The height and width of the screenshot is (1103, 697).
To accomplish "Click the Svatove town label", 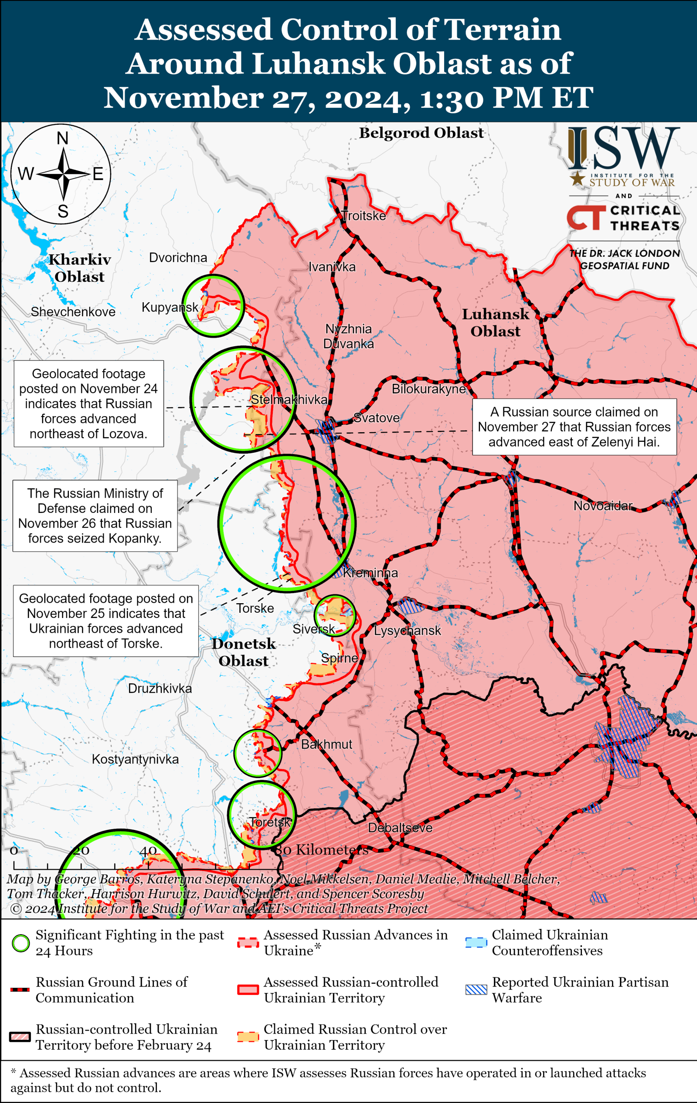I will click(377, 418).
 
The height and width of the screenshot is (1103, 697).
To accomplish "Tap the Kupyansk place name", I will click(170, 307).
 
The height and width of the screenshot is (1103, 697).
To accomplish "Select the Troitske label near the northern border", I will click(364, 216).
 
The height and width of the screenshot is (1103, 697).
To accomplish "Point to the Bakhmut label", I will click(326, 744).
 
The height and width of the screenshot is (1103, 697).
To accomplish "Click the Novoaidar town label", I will click(603, 505).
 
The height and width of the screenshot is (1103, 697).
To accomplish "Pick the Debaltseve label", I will click(400, 828).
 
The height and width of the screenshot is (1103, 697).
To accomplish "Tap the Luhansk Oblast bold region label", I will click(495, 322).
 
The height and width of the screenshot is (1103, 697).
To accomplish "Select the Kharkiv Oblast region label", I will click(80, 268).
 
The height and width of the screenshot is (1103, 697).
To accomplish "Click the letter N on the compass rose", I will click(63, 138).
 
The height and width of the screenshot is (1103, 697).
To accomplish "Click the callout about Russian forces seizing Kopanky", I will click(95, 516).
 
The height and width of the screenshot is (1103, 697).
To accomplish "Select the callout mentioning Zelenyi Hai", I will click(574, 427).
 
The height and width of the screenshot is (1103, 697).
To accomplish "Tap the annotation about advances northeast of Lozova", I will click(88, 403).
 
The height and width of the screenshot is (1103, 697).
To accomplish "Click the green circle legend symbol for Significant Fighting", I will click(20, 943).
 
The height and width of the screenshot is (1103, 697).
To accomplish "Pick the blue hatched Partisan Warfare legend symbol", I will click(476, 990).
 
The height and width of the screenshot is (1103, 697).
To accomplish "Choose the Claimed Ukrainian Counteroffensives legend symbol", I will click(476, 943).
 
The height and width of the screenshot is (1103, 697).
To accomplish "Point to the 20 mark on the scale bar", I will click(81, 850).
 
